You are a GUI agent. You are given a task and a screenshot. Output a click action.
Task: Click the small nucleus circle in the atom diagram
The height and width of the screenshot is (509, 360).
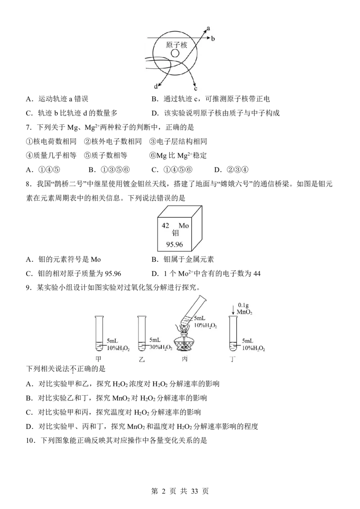point(175,53)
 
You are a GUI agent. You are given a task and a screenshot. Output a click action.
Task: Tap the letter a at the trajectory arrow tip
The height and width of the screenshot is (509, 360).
point(208,29)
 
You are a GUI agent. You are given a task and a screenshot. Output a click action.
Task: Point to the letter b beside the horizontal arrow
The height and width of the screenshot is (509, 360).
point(213,39)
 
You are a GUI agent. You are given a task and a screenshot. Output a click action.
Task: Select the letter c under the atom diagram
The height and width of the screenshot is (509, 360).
point(196,89)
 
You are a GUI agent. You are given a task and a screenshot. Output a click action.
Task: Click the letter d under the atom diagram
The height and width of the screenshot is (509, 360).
point(156,86)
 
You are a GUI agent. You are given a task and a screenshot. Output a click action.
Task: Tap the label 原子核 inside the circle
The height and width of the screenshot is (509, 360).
point(176,45)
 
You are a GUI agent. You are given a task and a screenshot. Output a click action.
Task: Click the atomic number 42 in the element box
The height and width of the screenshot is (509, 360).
point(166,225)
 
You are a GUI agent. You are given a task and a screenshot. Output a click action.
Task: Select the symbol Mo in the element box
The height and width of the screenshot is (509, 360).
point(184,225)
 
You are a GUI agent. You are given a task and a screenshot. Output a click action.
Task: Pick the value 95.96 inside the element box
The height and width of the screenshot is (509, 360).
point(175,244)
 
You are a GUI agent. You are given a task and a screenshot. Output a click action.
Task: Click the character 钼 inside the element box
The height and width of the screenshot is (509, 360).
point(175,233)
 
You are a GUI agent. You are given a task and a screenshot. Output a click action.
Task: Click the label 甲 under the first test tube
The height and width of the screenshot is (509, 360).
point(99,359)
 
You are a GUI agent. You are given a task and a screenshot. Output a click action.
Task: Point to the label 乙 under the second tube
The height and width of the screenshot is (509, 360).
point(141,359)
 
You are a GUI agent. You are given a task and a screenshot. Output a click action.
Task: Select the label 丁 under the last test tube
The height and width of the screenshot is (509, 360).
point(232,359)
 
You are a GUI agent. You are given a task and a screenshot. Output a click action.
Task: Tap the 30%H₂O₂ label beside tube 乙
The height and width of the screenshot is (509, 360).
point(161,347)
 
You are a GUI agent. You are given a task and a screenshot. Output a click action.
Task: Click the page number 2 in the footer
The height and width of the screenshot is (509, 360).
point(163,491)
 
